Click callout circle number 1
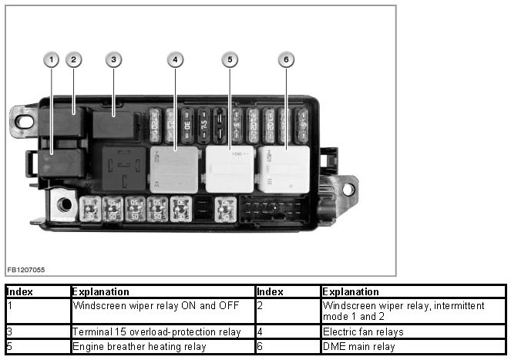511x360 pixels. click(x=51, y=59)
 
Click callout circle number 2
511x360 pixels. click(x=73, y=59)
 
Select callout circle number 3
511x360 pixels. click(x=114, y=59)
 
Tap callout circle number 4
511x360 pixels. click(x=176, y=59)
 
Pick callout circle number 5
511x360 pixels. click(x=229, y=59)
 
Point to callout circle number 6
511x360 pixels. click(x=286, y=59)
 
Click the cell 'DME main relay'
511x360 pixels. click(x=358, y=347)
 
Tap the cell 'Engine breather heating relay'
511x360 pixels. click(x=139, y=347)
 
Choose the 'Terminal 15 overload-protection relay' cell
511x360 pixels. click(x=156, y=332)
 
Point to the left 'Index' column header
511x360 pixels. click(x=18, y=292)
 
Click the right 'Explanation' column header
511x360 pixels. click(x=351, y=292)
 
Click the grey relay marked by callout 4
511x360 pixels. click(x=174, y=168)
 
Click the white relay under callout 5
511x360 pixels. click(x=229, y=170)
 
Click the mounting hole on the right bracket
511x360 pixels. click(x=348, y=188)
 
